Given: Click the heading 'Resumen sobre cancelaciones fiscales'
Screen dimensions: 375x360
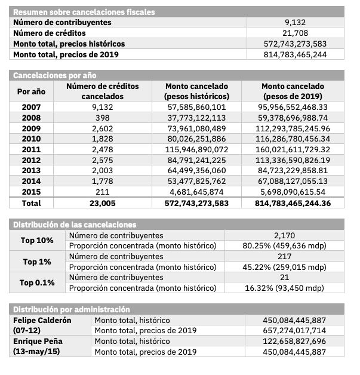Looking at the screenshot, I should pyautogui.click(x=84, y=12).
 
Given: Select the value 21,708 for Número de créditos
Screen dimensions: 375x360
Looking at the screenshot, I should pyautogui.click(x=295, y=33).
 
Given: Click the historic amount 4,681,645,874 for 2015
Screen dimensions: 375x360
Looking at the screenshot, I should pyautogui.click(x=196, y=192).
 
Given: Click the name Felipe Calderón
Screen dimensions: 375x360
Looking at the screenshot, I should pyautogui.click(x=42, y=320).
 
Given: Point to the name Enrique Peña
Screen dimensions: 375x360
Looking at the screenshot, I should pyautogui.click(x=38, y=342).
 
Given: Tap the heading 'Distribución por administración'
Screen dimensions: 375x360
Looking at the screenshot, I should pyautogui.click(x=72, y=309).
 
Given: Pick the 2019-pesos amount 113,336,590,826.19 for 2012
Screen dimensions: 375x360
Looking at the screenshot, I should pyautogui.click(x=295, y=160).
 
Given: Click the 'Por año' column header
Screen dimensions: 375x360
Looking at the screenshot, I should pyautogui.click(x=31, y=91).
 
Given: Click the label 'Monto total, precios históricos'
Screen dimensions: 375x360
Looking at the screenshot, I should pyautogui.click(x=69, y=44).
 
